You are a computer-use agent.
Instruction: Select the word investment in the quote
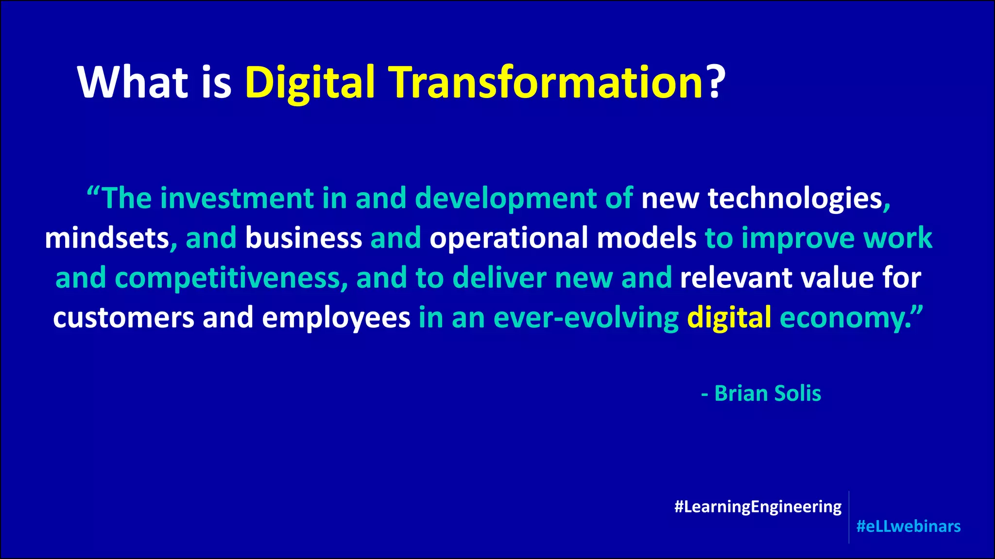237,198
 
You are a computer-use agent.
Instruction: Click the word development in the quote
506,199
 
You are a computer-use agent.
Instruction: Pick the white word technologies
795,198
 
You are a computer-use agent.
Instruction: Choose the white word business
304,238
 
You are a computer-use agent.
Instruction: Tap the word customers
123,318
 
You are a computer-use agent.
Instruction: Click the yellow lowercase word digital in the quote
729,319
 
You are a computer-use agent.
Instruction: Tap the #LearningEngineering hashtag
758,507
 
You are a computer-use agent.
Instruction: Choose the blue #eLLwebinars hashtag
909,526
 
